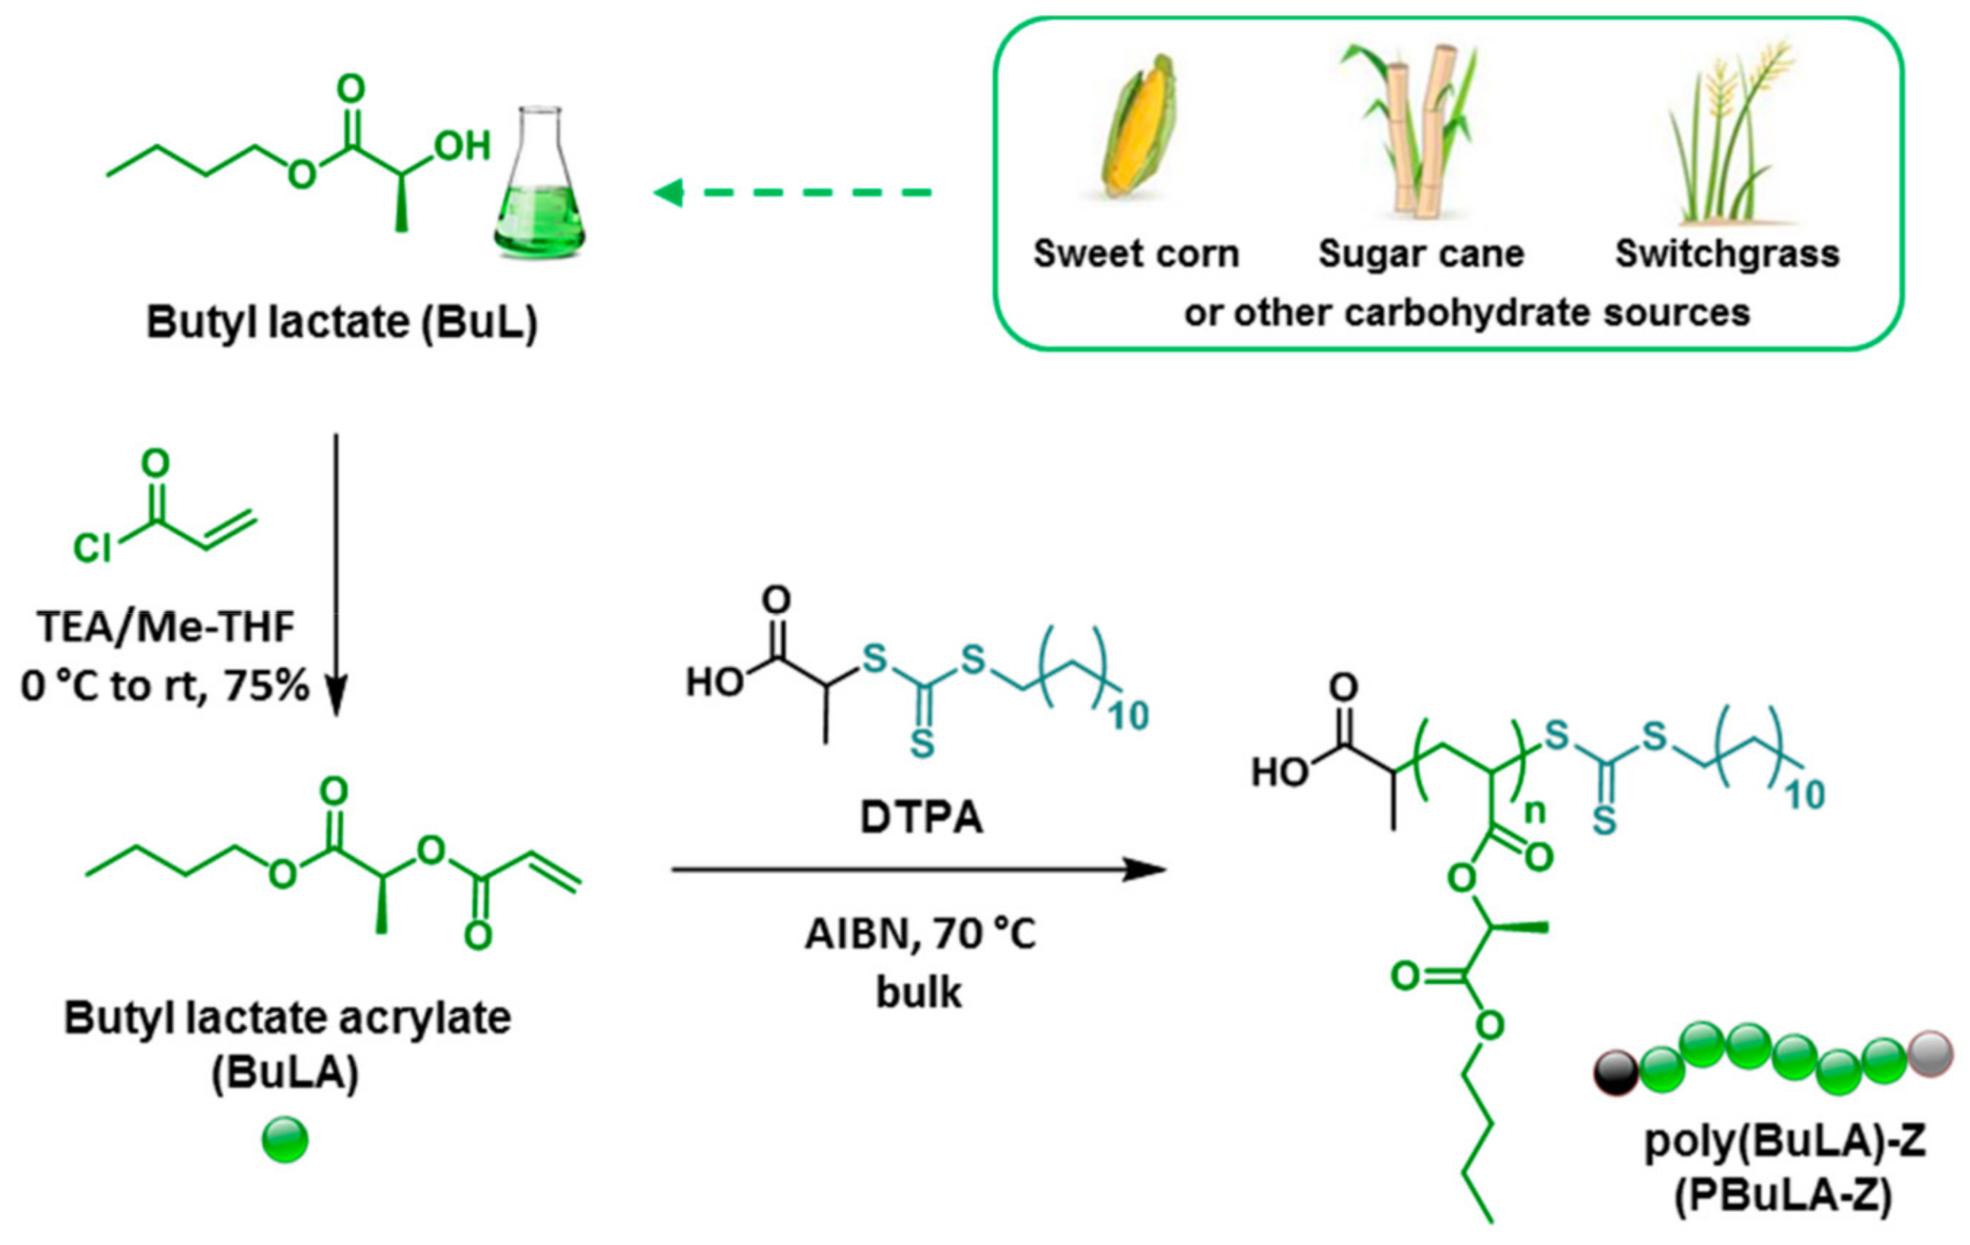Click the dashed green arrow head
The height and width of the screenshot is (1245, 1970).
pyautogui.click(x=669, y=193)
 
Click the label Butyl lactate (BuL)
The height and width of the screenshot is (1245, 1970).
pyautogui.click(x=342, y=322)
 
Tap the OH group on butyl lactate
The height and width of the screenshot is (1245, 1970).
pyautogui.click(x=462, y=147)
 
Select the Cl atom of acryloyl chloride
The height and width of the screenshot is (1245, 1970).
pyautogui.click(x=92, y=549)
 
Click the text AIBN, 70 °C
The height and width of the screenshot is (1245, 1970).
pyautogui.click(x=920, y=934)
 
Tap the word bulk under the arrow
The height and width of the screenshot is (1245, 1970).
pyautogui.click(x=919, y=992)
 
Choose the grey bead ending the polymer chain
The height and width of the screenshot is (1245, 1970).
pyautogui.click(x=1931, y=1053)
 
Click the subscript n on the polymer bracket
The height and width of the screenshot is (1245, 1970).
pyautogui.click(x=1535, y=811)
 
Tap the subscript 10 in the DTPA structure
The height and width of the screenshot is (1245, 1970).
pyautogui.click(x=1128, y=717)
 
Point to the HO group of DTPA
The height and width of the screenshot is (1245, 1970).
pyautogui.click(x=713, y=681)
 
